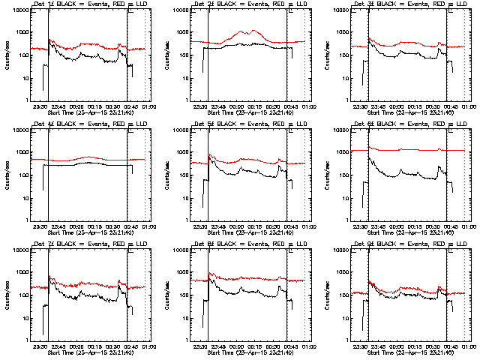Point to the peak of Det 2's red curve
[256, 31]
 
